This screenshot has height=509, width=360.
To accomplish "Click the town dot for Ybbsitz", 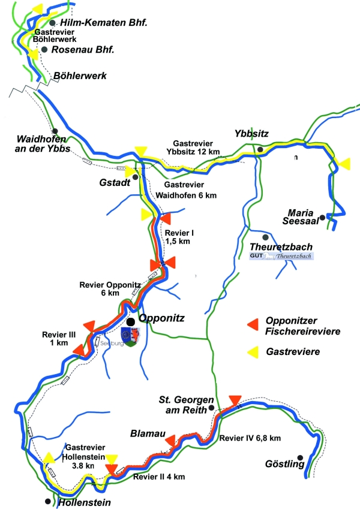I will click(260, 149).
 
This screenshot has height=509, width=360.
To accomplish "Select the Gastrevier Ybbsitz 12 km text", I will click(199, 148).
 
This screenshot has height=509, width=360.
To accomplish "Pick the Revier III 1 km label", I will click(55, 339).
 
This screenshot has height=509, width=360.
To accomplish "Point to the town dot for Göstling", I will click(308, 458).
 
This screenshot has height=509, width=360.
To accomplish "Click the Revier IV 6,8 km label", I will click(250, 438).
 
